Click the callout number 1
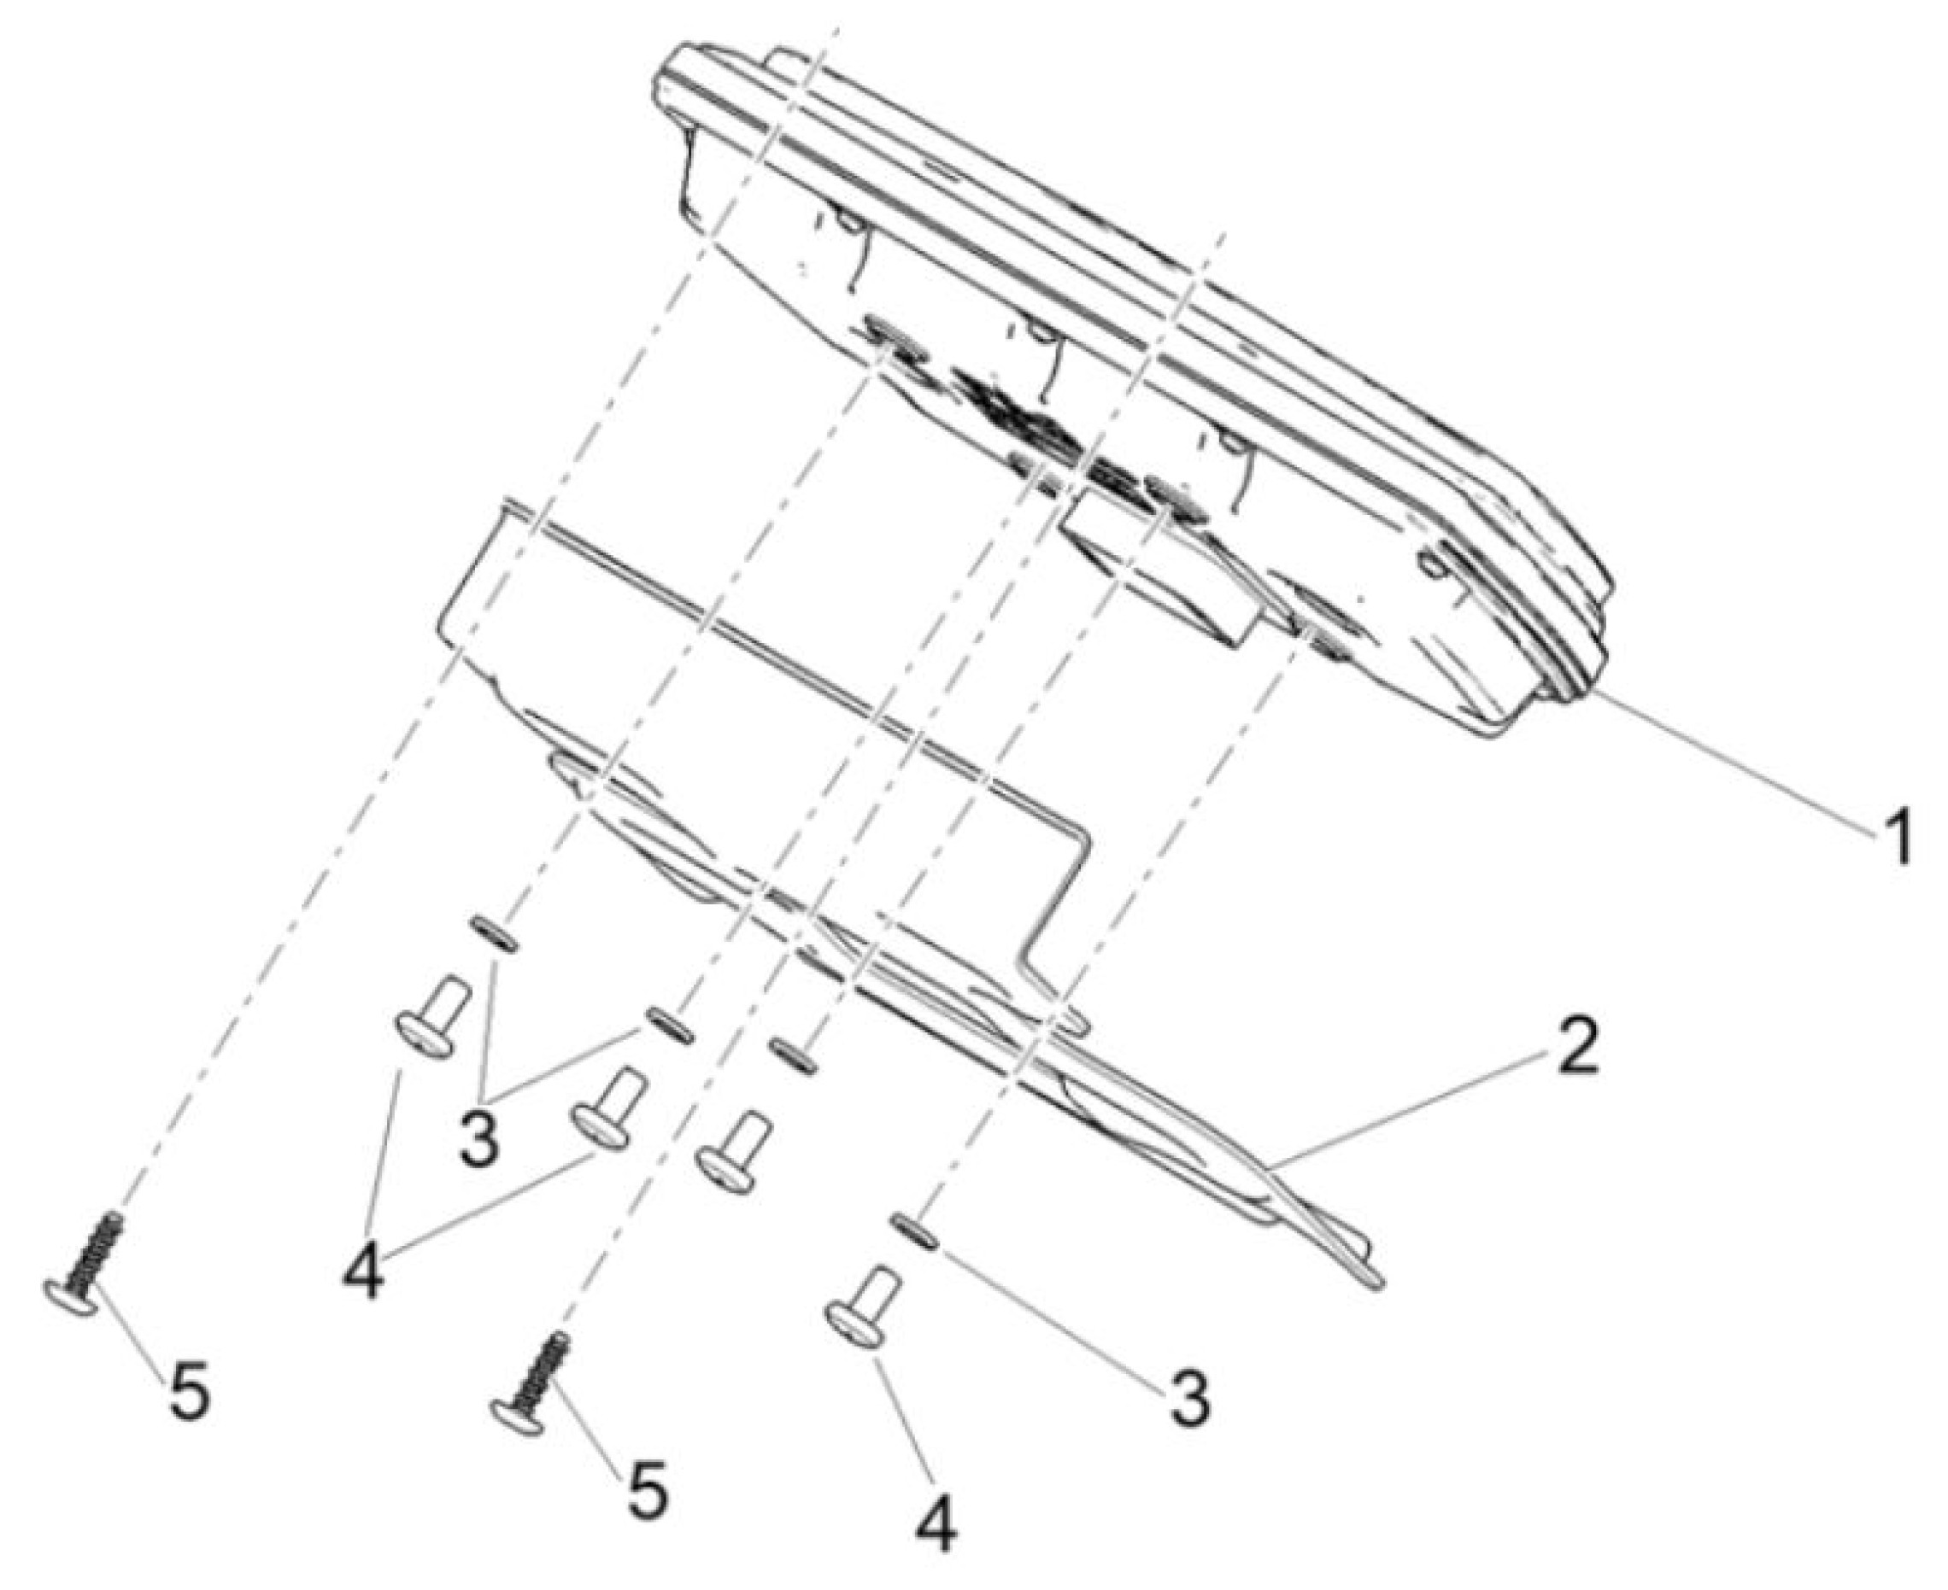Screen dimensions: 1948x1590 tap(1889, 837)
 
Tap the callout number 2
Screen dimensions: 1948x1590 tap(1572, 1046)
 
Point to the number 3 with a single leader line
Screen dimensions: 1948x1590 tap(1188, 1400)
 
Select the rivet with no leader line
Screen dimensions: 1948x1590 tap(734, 1153)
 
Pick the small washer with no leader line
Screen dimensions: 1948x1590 tap(794, 1055)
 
